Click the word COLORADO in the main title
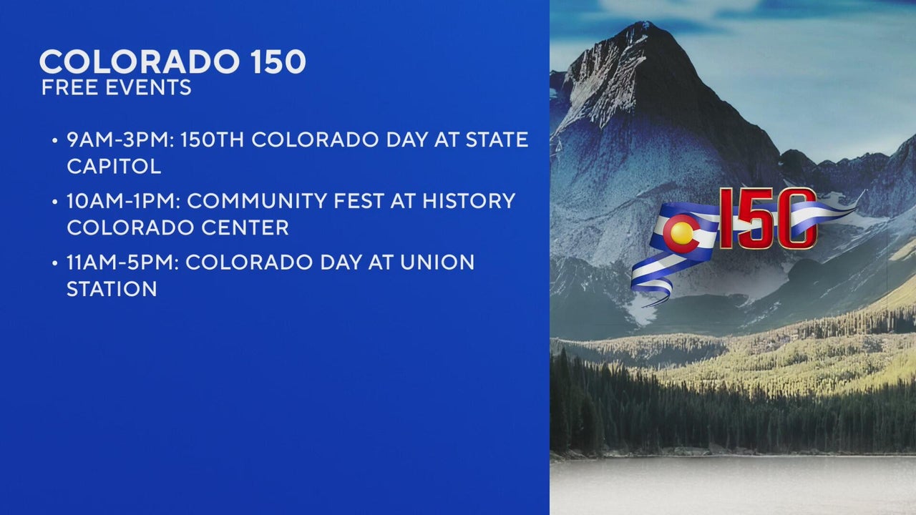click(140, 62)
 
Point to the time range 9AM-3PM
click(121, 139)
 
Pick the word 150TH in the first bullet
click(213, 139)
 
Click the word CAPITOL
click(114, 167)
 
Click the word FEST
click(359, 201)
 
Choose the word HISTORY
click(468, 201)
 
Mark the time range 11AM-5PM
click(122, 263)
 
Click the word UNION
click(437, 263)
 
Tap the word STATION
click(112, 289)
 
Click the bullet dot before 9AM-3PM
click(55, 141)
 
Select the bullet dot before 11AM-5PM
click(55, 263)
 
